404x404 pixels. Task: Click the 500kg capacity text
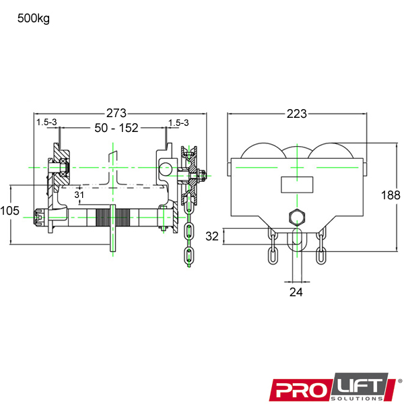point(34,18)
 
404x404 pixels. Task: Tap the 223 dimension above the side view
point(297,113)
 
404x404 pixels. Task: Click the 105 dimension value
point(9,211)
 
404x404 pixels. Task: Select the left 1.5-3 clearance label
point(46,122)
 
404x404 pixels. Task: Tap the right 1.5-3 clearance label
point(178,122)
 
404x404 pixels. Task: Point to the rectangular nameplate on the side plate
point(296,184)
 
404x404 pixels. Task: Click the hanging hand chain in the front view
point(189,242)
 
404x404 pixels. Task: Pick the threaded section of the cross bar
point(114,217)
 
